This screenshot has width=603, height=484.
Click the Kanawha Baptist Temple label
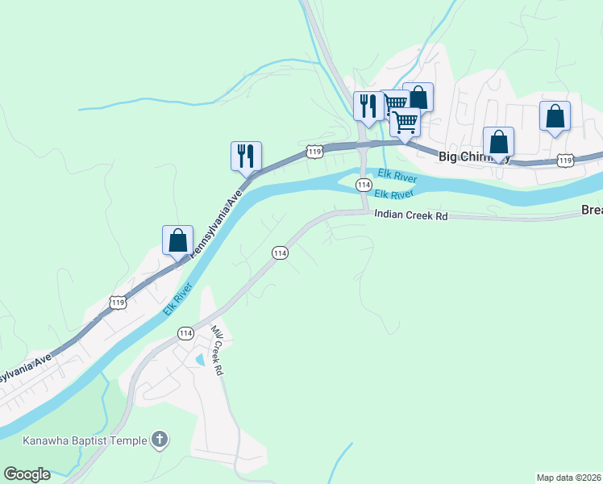(x=85, y=440)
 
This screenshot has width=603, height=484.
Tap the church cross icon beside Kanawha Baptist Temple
(x=160, y=440)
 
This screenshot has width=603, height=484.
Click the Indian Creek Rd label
(x=410, y=216)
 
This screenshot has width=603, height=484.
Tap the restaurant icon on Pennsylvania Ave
(x=247, y=155)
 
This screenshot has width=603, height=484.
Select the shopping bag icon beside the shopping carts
(x=418, y=97)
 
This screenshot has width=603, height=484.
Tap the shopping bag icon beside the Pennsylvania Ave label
(x=177, y=240)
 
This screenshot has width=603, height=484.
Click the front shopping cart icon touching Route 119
(x=405, y=122)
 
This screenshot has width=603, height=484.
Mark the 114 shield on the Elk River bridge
(x=364, y=186)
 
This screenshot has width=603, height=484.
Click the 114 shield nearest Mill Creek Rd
(x=185, y=333)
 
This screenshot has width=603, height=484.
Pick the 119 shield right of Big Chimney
(x=564, y=161)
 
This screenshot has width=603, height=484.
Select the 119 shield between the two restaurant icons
(x=314, y=151)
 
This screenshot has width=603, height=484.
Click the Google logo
(x=27, y=474)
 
